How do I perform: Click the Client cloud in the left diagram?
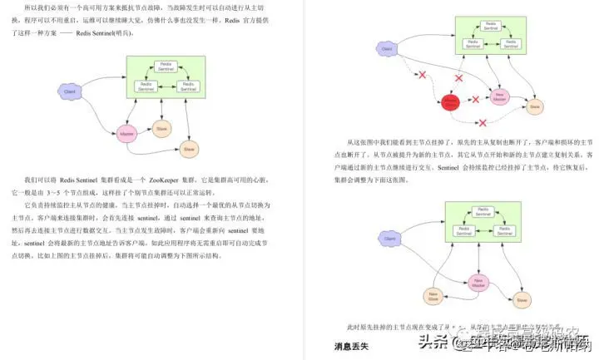point(69,89)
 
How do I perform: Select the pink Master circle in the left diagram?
point(126,133)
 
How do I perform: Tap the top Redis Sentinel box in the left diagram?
point(165,65)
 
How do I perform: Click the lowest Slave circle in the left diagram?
point(189,149)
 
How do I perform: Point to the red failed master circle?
point(450,102)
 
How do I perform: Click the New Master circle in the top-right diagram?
point(499,96)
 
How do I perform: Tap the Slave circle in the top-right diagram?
point(536,106)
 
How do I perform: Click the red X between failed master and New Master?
point(475,100)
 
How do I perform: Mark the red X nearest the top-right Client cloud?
point(422,76)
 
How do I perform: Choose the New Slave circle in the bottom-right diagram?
point(433,295)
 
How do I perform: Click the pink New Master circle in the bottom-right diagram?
point(478,283)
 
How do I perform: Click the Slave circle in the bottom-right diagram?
point(522,298)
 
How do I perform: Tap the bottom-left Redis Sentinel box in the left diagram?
point(146,85)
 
